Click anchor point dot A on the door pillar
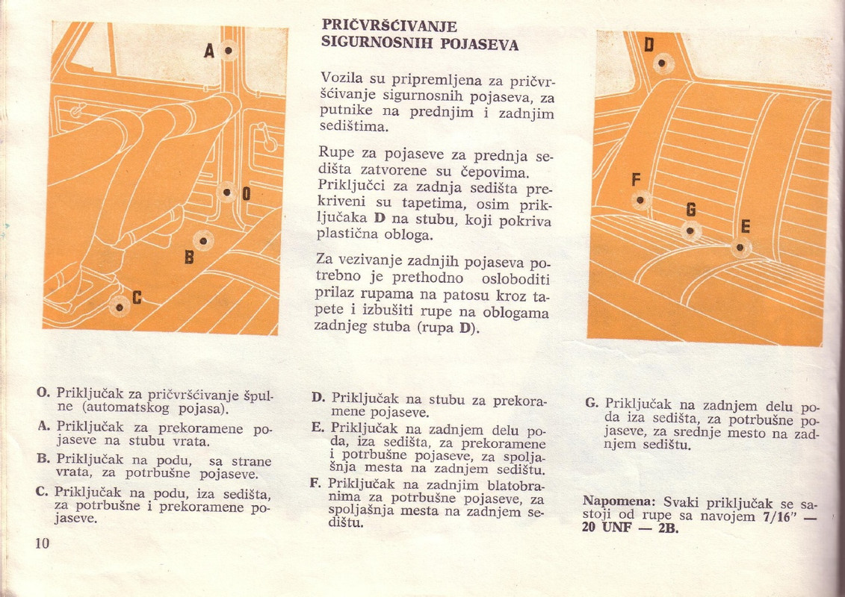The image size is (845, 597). point(229,51)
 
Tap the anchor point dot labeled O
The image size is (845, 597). point(227,193)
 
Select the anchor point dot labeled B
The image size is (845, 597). point(203,240)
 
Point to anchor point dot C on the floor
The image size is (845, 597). point(120,307)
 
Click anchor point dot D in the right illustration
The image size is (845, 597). point(663,63)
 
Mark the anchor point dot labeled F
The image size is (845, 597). point(640,200)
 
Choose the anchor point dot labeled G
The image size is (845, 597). point(690,231)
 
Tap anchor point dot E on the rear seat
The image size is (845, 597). point(740,248)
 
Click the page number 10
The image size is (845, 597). point(42,543)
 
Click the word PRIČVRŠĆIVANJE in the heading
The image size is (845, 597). point(389,26)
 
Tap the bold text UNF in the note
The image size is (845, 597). point(616,527)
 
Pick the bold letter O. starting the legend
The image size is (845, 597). point(43,392)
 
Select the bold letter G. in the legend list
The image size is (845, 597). point(592,402)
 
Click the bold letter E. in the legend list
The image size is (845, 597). point(318,428)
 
